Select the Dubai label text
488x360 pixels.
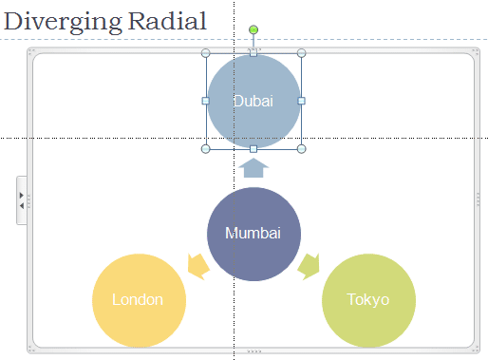(x=253, y=102)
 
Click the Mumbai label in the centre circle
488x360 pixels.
(x=253, y=234)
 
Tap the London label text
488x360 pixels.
(x=138, y=300)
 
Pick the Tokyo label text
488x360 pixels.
(x=368, y=300)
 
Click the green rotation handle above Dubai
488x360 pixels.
(x=253, y=30)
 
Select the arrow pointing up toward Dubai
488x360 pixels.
(x=253, y=168)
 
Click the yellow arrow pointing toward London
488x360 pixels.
(x=198, y=266)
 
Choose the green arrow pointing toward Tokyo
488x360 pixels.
(x=309, y=266)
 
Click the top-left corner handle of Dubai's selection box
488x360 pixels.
(x=206, y=53)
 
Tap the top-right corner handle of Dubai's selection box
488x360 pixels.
(x=301, y=53)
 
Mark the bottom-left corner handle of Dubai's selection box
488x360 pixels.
(x=206, y=148)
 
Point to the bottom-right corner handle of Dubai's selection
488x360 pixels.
(x=301, y=148)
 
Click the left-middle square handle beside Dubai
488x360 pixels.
(x=206, y=101)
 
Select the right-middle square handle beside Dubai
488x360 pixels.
(x=301, y=101)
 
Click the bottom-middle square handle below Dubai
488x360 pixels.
(x=253, y=148)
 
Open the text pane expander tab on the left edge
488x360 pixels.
(x=22, y=199)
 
